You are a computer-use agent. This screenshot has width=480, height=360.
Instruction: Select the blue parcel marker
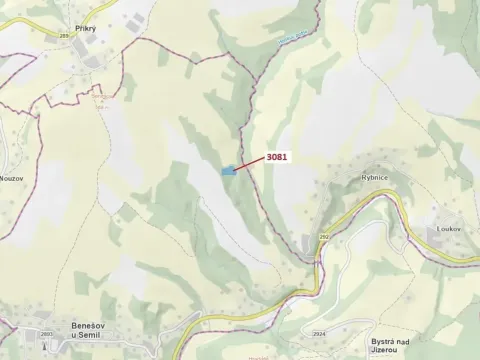[x=229, y=171]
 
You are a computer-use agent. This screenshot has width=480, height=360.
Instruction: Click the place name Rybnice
[x=375, y=178]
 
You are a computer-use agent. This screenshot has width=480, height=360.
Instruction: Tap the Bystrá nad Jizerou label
[x=386, y=344]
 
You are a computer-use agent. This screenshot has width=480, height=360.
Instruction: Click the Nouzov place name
[x=13, y=176]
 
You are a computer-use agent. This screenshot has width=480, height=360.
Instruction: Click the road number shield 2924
[x=318, y=332]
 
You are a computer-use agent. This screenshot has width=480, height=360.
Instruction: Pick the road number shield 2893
[x=46, y=334]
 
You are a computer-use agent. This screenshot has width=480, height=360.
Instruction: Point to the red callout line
[x=250, y=164]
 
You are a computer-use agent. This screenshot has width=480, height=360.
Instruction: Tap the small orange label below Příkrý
[x=98, y=100]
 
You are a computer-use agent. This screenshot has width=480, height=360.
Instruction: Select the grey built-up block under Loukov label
[x=448, y=245]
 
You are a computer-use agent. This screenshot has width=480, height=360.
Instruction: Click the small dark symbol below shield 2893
[x=45, y=346]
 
